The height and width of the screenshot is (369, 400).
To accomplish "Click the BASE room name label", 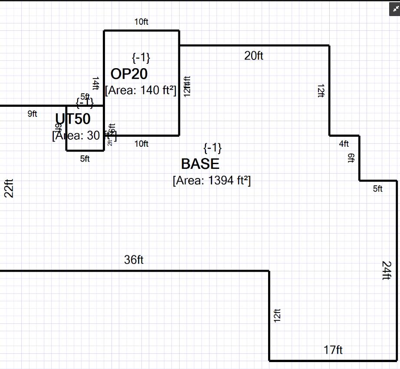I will click(200, 164).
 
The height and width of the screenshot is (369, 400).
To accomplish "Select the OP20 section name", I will click(129, 74).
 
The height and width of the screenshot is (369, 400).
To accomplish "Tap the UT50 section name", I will click(73, 119).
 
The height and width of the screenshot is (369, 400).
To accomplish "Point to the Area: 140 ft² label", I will click(141, 90).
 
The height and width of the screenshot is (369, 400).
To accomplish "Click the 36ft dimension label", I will click(134, 260).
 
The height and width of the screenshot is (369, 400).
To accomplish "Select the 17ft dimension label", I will click(333, 349).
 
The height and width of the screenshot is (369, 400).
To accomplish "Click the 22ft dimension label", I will click(9, 188).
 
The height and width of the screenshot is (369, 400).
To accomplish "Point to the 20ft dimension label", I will click(254, 56).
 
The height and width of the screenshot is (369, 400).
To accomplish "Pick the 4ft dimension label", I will click(344, 144).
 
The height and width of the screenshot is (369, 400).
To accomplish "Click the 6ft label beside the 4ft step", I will click(351, 158).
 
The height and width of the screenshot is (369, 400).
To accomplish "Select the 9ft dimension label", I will click(33, 114).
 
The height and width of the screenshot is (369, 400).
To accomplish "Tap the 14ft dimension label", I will click(96, 83).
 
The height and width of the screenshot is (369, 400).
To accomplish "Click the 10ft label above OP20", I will click(141, 22).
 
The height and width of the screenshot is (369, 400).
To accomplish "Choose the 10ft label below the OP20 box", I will click(141, 144).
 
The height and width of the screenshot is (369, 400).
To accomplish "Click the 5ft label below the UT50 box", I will click(85, 159).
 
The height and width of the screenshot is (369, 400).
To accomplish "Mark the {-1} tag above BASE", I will click(213, 148).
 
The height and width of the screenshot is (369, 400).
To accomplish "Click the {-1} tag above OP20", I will click(141, 57).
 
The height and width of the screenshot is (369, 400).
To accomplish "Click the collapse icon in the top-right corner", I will click(393, 9).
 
